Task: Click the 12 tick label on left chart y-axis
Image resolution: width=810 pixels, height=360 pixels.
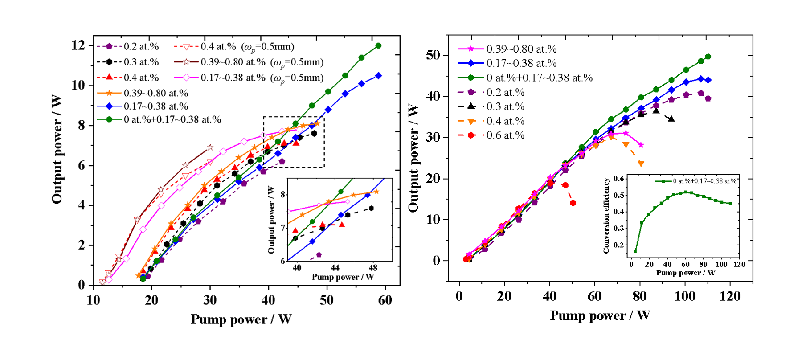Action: tap(78, 45)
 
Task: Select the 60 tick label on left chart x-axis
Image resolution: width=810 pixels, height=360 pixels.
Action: tap(385, 300)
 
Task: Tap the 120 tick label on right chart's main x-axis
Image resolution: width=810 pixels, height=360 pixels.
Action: tap(730, 296)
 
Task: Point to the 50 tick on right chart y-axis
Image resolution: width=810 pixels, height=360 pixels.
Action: tap(433, 55)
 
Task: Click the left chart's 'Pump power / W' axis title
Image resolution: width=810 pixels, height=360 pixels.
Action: tap(241, 319)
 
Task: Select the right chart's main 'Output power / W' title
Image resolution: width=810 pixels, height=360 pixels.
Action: tap(413, 158)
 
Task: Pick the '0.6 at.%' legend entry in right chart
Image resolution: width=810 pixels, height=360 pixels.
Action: tap(505, 135)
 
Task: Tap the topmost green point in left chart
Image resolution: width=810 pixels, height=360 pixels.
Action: tap(378, 45)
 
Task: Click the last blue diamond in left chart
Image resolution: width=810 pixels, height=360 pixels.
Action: tap(378, 76)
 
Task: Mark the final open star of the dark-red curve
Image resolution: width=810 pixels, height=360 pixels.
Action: tap(210, 147)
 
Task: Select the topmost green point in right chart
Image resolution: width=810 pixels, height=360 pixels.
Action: tap(708, 57)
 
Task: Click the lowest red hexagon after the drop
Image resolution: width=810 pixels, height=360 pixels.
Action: tap(573, 203)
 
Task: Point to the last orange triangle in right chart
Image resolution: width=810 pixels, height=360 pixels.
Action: tap(641, 164)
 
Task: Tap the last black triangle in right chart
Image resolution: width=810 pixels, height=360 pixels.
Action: tap(671, 119)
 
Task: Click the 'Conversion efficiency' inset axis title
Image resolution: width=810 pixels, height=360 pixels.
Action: tap(606, 216)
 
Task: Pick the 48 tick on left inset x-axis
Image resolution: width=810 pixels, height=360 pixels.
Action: tap(373, 268)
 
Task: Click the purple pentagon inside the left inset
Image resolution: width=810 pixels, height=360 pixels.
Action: tap(319, 255)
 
